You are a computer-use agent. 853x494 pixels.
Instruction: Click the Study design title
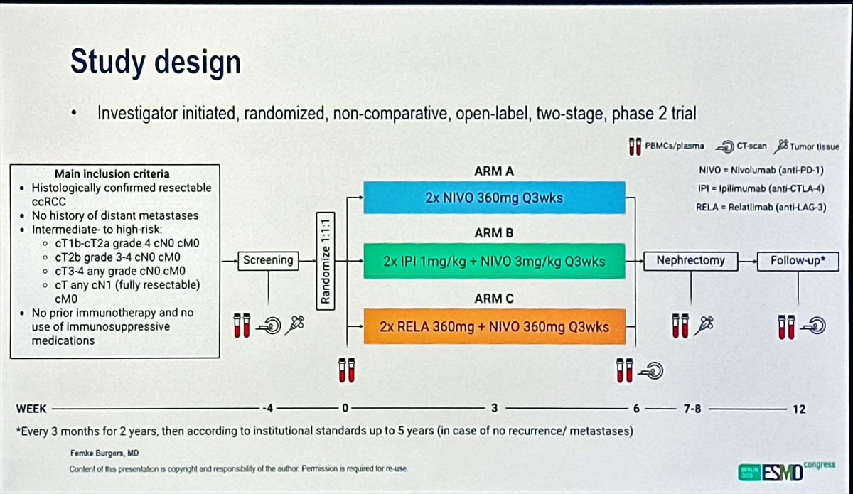155,63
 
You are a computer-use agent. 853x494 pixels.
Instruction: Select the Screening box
268,260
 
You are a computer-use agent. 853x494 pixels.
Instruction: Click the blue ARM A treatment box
494,197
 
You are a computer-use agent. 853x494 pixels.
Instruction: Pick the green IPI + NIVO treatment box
494,261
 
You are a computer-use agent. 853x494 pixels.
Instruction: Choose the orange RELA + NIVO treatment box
494,328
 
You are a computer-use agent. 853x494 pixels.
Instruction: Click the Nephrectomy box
690,260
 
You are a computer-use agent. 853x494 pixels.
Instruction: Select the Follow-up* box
798,260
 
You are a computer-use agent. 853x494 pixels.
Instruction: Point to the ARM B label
494,233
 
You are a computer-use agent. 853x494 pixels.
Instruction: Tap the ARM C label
494,299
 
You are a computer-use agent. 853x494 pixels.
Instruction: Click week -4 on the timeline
268,408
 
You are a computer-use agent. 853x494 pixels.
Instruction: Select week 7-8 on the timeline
690,409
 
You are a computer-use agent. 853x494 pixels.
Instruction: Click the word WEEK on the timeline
32,409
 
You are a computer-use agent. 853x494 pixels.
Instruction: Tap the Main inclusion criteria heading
112,173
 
